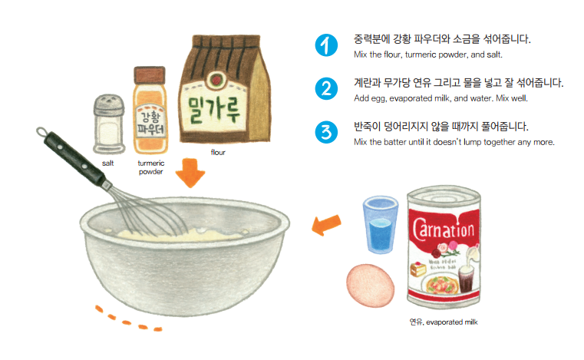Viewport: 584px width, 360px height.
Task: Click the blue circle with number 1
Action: click(x=325, y=45)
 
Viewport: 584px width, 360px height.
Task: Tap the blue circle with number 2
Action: click(x=325, y=88)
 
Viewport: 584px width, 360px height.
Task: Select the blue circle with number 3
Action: click(x=325, y=131)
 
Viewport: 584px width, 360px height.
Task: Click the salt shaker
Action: click(x=108, y=124)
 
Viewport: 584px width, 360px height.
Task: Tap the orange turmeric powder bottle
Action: click(x=150, y=115)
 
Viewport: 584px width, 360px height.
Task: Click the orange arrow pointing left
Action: click(x=326, y=224)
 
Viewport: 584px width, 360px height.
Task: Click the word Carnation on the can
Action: click(x=447, y=227)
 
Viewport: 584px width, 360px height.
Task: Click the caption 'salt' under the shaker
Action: click(x=108, y=163)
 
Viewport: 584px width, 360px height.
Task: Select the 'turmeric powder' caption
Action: click(x=150, y=167)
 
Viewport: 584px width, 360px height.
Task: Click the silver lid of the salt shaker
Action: click(x=108, y=103)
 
